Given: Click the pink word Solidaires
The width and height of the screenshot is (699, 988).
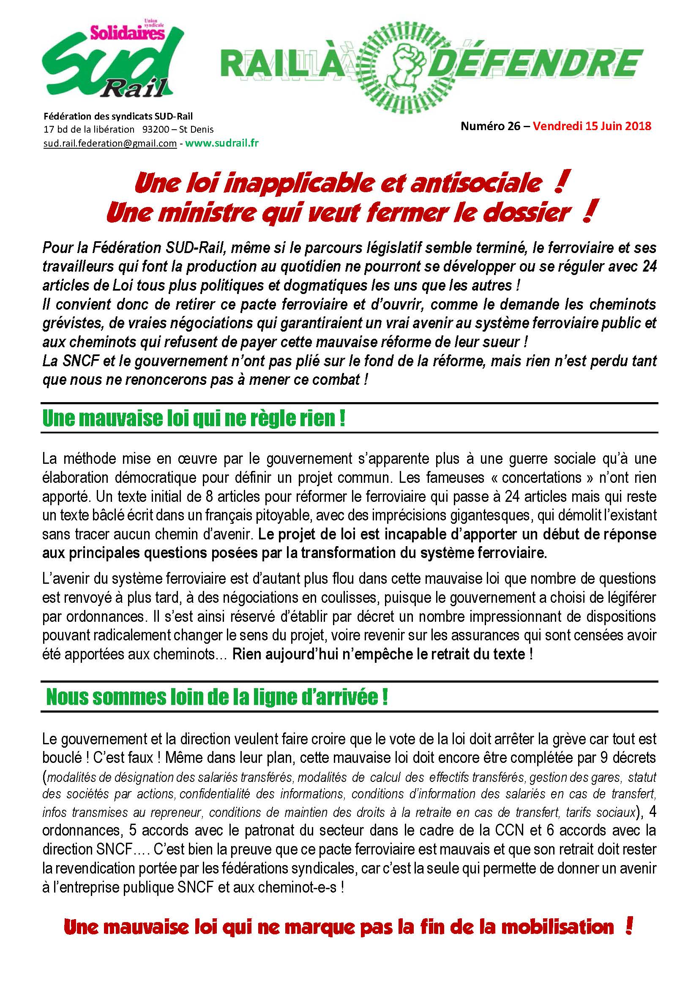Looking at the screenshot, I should click(127, 33).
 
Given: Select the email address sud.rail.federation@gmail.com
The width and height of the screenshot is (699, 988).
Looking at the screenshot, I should click(110, 144).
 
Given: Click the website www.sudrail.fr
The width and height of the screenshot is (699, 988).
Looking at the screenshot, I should click(222, 143).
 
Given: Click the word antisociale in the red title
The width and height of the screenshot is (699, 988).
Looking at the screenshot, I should click(476, 184).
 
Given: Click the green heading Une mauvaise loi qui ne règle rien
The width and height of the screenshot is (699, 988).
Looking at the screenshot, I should click(194, 419).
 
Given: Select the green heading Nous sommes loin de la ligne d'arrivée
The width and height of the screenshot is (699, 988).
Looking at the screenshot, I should click(217, 697).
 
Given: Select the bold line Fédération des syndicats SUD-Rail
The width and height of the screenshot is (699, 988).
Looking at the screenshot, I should click(118, 116).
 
